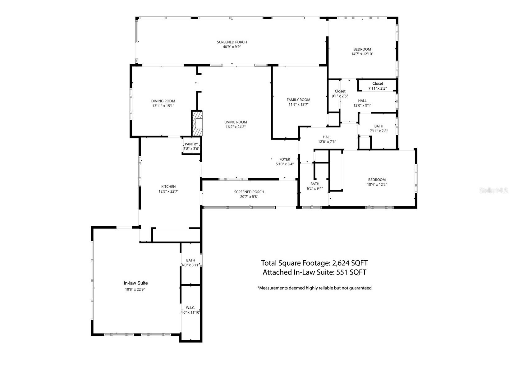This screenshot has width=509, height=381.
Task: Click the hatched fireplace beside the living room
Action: tap(197, 123)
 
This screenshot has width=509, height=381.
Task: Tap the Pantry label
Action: tap(191, 144)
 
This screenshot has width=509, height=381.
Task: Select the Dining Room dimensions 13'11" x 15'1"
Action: tap(163, 106)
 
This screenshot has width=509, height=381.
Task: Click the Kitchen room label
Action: tap(168, 187)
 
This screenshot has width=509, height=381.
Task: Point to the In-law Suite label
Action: tap(136, 283)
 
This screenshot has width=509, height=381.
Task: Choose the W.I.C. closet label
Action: tap(190, 307)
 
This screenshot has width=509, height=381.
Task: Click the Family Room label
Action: tap(298, 100)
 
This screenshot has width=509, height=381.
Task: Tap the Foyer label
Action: tap(285, 159)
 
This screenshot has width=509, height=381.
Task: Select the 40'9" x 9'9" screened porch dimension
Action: tap(232, 47)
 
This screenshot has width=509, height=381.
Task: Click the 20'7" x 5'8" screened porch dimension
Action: tap(249, 196)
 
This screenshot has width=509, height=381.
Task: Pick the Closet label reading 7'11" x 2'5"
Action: tap(378, 83)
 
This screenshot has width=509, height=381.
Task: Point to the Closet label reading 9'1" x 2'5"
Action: tap(340, 91)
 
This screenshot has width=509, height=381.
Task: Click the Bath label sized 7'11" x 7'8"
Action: tap(378, 126)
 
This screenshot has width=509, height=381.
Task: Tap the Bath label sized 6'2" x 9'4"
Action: tap(315, 184)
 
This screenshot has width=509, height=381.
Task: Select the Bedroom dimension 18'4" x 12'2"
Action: tap(377, 184)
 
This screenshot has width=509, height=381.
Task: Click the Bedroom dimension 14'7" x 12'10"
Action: tap(362, 54)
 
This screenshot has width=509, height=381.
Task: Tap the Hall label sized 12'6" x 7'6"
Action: tap(327, 137)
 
